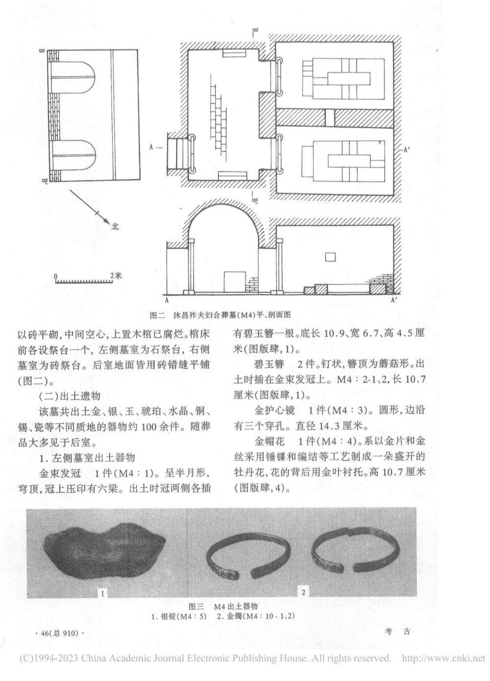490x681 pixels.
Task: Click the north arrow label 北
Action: pyautogui.click(x=115, y=226)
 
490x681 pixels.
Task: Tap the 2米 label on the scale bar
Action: pyautogui.click(x=116, y=276)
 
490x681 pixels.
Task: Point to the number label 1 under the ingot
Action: pyautogui.click(x=102, y=593)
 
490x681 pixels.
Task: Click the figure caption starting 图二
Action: pyautogui.click(x=220, y=315)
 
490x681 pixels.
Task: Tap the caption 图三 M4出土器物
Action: pyautogui.click(x=223, y=606)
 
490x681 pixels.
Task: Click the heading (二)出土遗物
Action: pyautogui.click(x=70, y=396)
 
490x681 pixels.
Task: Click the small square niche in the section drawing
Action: pyautogui.click(x=330, y=257)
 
